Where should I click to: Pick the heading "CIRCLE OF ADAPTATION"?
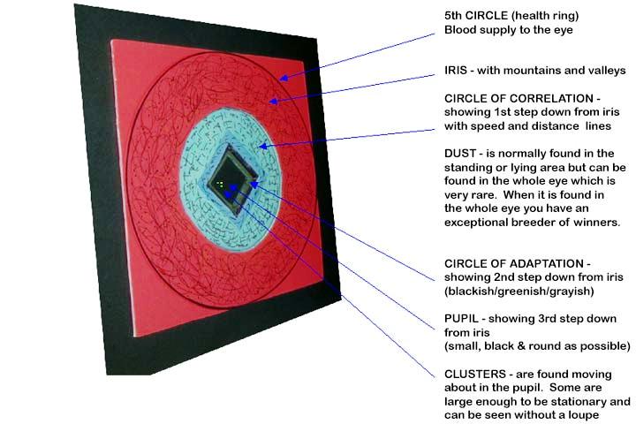514,264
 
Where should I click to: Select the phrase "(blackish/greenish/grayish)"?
519,291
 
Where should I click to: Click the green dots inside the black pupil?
220,185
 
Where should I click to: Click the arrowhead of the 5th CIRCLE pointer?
284,77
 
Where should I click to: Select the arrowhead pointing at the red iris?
274,101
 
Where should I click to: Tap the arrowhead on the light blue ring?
263,146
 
